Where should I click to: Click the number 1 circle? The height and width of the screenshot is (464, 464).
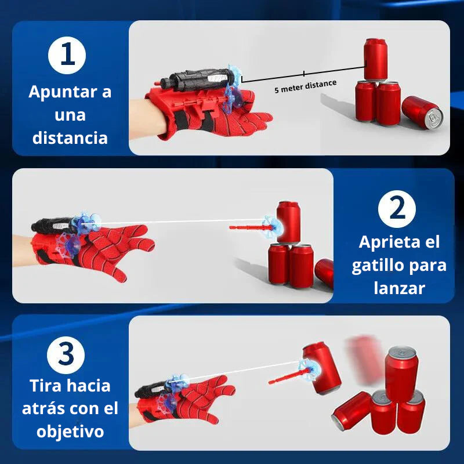(67, 56)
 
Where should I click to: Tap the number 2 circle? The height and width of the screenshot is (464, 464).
(397, 209)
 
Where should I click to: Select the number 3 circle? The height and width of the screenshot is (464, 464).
(67, 354)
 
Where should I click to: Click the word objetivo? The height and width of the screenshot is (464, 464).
(71, 432)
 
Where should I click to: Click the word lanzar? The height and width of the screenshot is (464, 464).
(399, 288)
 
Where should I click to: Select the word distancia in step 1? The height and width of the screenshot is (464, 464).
(70, 138)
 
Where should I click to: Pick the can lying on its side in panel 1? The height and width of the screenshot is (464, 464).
(422, 112)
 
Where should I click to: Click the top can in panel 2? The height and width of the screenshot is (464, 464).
(288, 222)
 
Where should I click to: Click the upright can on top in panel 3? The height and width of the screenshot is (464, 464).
(401, 372)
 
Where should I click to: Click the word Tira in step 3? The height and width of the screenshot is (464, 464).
(44, 385)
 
